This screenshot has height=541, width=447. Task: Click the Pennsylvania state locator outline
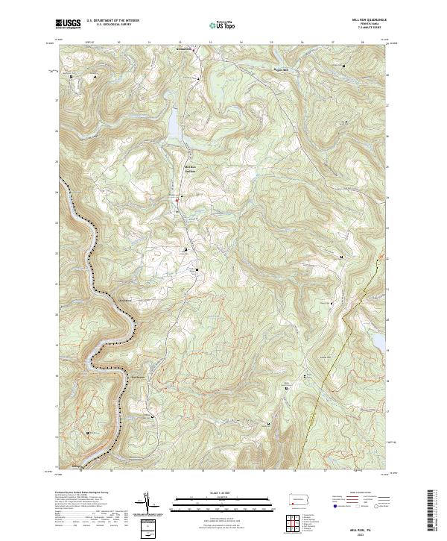point(299,498)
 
